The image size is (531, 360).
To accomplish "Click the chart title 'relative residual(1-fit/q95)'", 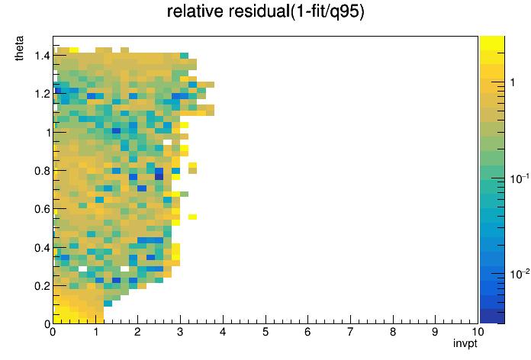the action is coord(265,11).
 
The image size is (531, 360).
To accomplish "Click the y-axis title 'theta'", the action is coord(19,48).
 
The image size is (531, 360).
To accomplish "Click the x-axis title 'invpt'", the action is coord(465,343).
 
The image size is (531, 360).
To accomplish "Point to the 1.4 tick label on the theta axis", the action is coord(42,56).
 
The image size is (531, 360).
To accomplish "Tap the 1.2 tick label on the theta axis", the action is coord(42,94).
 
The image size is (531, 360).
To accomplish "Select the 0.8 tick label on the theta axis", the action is coord(42,171).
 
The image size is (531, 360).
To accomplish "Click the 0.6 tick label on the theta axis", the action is coord(42,209).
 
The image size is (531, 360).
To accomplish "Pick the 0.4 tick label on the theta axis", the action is coord(42,248).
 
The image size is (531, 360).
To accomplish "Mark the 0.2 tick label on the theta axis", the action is coord(42,286).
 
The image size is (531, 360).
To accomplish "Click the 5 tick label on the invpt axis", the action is coord(265,332).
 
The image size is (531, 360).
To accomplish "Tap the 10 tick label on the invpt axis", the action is coord(478,332).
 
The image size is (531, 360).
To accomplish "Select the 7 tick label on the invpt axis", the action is coord(350,332).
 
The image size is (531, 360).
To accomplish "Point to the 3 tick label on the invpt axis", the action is coord(180,332).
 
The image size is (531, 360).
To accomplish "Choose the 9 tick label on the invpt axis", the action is coord(435,332).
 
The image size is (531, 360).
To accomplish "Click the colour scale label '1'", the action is coord(513,82).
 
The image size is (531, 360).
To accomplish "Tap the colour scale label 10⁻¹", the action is coord(520,178).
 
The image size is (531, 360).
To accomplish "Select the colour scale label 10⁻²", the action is coord(520,274).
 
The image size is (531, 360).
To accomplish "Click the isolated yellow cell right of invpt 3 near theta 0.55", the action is coord(193,217).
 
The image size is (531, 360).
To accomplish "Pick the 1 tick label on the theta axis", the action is coord(48,133).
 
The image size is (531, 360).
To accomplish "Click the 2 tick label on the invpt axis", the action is coord(137,332).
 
